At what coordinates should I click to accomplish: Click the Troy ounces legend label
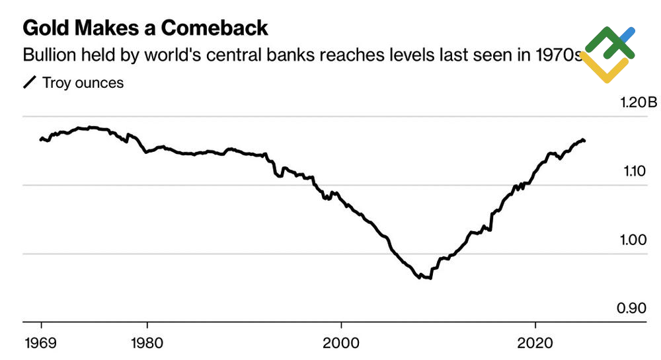[83, 83]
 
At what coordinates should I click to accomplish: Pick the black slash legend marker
[30, 83]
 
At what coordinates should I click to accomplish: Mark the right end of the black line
[584, 141]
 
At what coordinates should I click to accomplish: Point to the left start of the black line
[40, 139]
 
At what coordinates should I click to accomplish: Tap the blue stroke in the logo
[628, 34]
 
